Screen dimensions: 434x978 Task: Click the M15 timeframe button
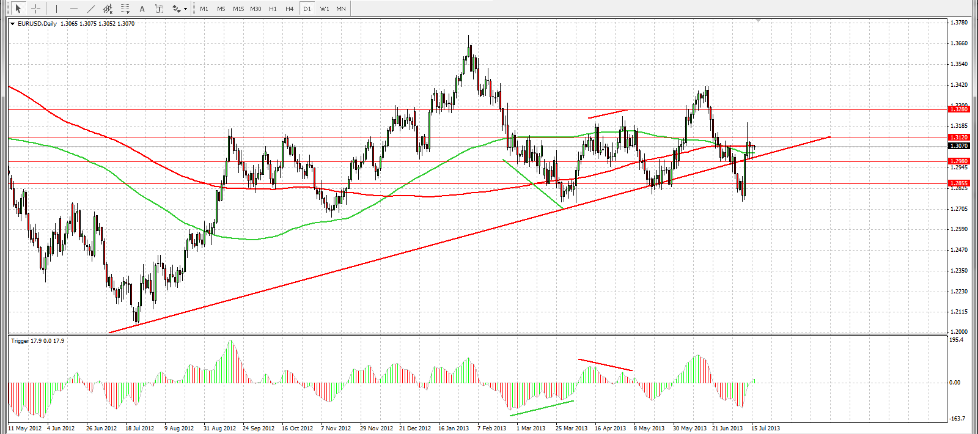coord(238,9)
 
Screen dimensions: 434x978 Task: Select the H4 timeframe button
coord(290,9)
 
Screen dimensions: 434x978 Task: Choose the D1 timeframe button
coord(307,9)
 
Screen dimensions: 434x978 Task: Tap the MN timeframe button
coord(341,9)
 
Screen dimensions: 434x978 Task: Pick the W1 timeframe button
coord(325,9)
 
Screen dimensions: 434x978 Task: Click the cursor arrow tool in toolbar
coord(18,9)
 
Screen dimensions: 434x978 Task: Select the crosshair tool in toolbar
coord(35,9)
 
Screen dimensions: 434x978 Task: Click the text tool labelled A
coord(142,9)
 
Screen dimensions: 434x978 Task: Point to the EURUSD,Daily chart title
coord(37,24)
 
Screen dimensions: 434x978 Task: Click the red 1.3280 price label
coord(958,109)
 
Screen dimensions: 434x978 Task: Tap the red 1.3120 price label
coord(958,138)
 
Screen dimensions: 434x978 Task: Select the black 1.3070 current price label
coord(958,145)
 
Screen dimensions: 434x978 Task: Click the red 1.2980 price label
coord(958,161)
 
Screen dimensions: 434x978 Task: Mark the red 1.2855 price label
coord(958,183)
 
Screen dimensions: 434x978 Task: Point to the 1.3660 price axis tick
coord(959,43)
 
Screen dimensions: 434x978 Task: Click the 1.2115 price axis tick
coord(959,312)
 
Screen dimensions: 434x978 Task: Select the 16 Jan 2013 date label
coord(454,428)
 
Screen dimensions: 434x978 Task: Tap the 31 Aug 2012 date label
coord(219,428)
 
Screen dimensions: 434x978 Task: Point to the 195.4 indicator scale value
coord(957,340)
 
